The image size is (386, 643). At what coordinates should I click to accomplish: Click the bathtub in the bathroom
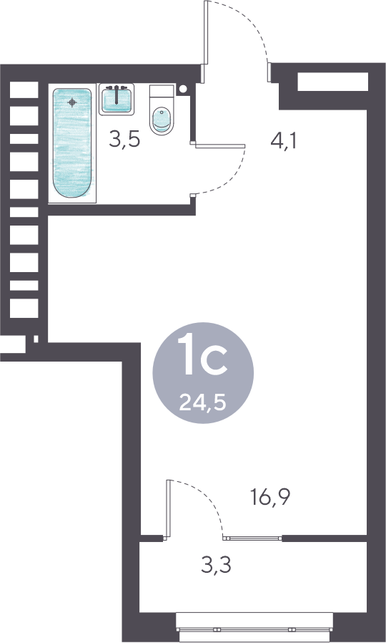coord(72,144)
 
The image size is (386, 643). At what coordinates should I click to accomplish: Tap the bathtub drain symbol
coord(72,102)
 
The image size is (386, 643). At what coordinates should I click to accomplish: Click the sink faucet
coord(117,94)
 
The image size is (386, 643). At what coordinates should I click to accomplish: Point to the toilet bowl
coord(162,120)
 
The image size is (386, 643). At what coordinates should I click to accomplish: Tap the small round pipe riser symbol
coord(183,88)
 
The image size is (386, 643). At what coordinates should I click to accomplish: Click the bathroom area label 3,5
coord(124,140)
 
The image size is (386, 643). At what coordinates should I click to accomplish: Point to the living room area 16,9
coord(270,498)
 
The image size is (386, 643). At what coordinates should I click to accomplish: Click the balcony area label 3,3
coord(216,565)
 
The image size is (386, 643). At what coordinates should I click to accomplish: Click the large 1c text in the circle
coord(204,354)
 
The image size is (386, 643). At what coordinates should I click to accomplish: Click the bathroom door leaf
coord(220,146)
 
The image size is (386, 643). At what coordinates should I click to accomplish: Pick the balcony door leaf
coord(168,508)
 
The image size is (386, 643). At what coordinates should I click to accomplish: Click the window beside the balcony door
coord(252,538)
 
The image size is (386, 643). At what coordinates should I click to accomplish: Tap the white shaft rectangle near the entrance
coord(333,82)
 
